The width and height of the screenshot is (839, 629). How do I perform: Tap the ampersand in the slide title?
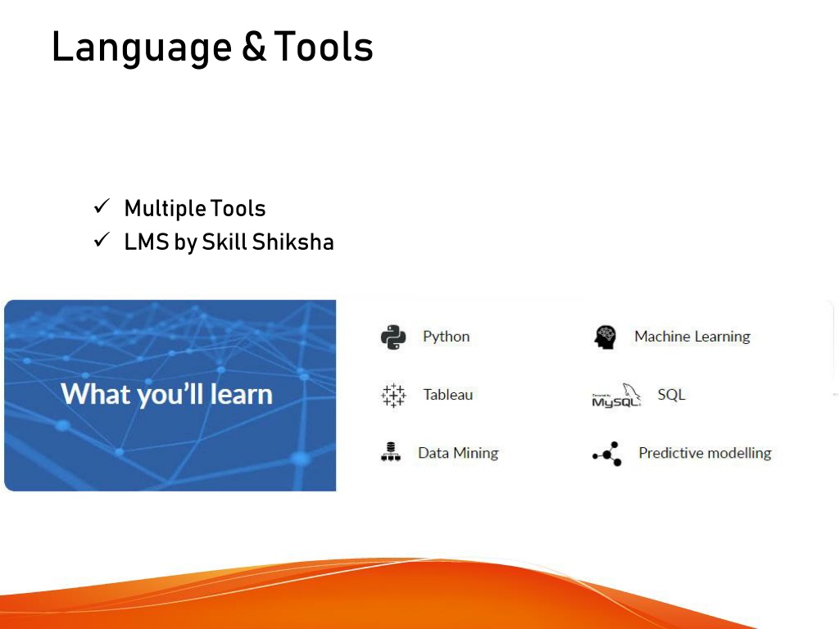click(254, 47)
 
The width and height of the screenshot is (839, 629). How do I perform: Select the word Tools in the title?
click(323, 47)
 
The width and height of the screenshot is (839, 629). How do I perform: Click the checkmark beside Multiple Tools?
click(102, 206)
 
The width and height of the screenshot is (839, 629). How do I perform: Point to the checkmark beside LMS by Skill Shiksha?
click(102, 240)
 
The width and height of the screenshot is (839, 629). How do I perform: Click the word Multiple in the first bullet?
click(166, 209)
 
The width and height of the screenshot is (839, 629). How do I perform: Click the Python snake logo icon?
click(393, 337)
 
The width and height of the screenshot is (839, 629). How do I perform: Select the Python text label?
click(447, 337)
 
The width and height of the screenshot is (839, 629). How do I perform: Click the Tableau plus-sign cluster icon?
click(393, 396)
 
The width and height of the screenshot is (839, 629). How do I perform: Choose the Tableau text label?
click(448, 395)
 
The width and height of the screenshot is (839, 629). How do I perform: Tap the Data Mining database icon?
click(391, 452)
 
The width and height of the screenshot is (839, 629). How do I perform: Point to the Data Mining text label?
click(458, 453)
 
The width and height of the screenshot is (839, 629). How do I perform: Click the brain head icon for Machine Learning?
click(605, 337)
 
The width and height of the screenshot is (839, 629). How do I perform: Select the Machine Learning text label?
click(692, 337)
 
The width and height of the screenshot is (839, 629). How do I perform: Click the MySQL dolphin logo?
click(616, 396)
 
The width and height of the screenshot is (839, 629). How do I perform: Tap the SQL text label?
click(672, 395)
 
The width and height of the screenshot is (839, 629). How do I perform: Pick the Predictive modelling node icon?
click(607, 454)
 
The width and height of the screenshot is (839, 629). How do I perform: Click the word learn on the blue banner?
click(242, 394)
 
